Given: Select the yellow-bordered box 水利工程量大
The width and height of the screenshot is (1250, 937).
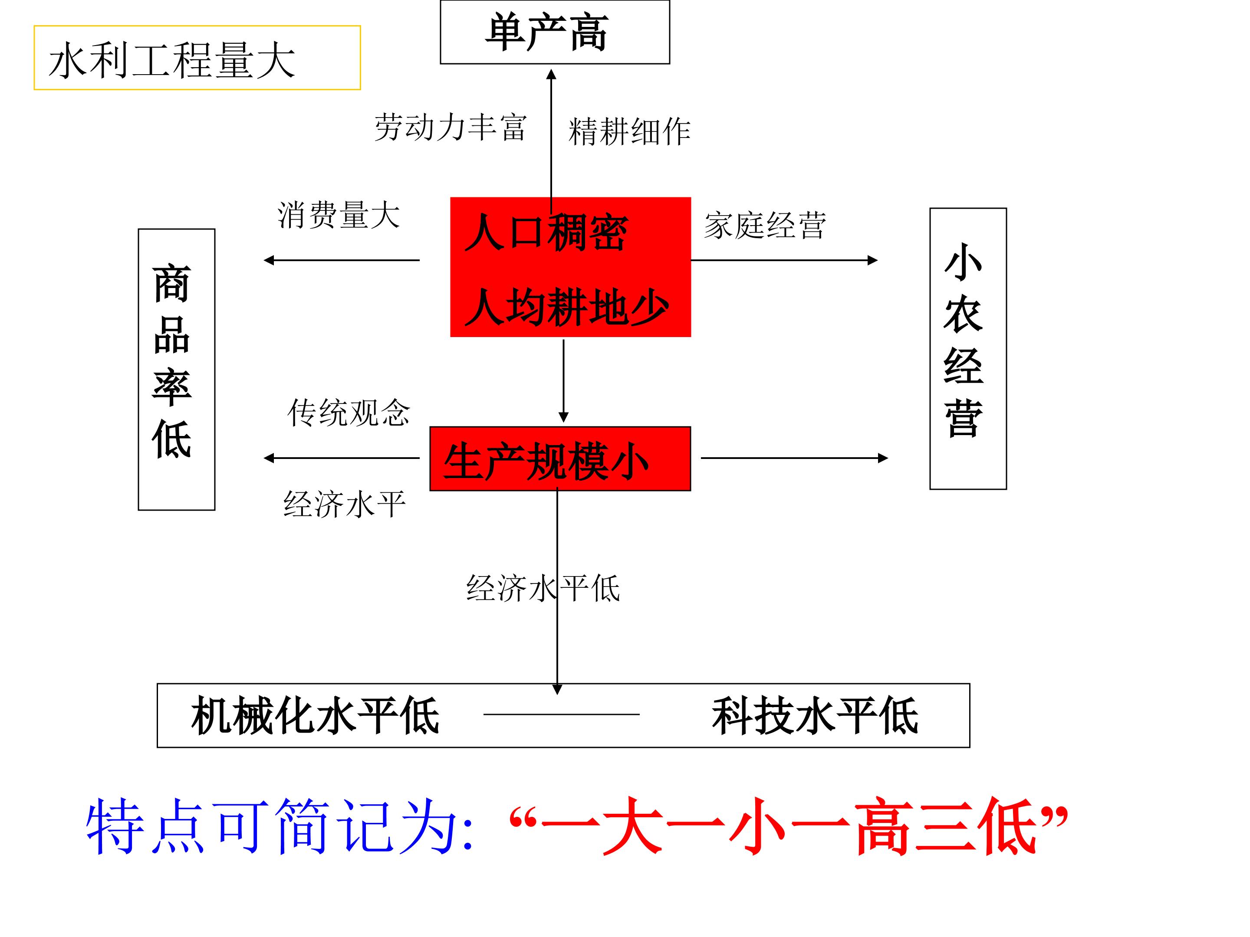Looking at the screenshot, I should pyautogui.click(x=197, y=58).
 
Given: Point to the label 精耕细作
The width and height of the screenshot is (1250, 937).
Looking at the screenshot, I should pyautogui.click(x=629, y=131).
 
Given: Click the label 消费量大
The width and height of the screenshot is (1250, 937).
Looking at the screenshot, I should pyautogui.click(x=338, y=215).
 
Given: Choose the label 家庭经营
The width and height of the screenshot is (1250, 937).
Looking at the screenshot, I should pyautogui.click(x=765, y=225).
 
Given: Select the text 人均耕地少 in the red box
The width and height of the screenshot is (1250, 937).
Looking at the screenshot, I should pyautogui.click(x=566, y=307).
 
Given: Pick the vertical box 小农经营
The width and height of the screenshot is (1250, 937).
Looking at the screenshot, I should pyautogui.click(x=967, y=348).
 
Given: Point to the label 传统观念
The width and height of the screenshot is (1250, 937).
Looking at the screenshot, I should pyautogui.click(x=348, y=412).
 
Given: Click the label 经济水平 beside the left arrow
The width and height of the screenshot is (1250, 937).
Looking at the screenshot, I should pyautogui.click(x=344, y=504).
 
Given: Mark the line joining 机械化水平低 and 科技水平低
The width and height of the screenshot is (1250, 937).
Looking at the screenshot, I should pyautogui.click(x=561, y=714).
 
